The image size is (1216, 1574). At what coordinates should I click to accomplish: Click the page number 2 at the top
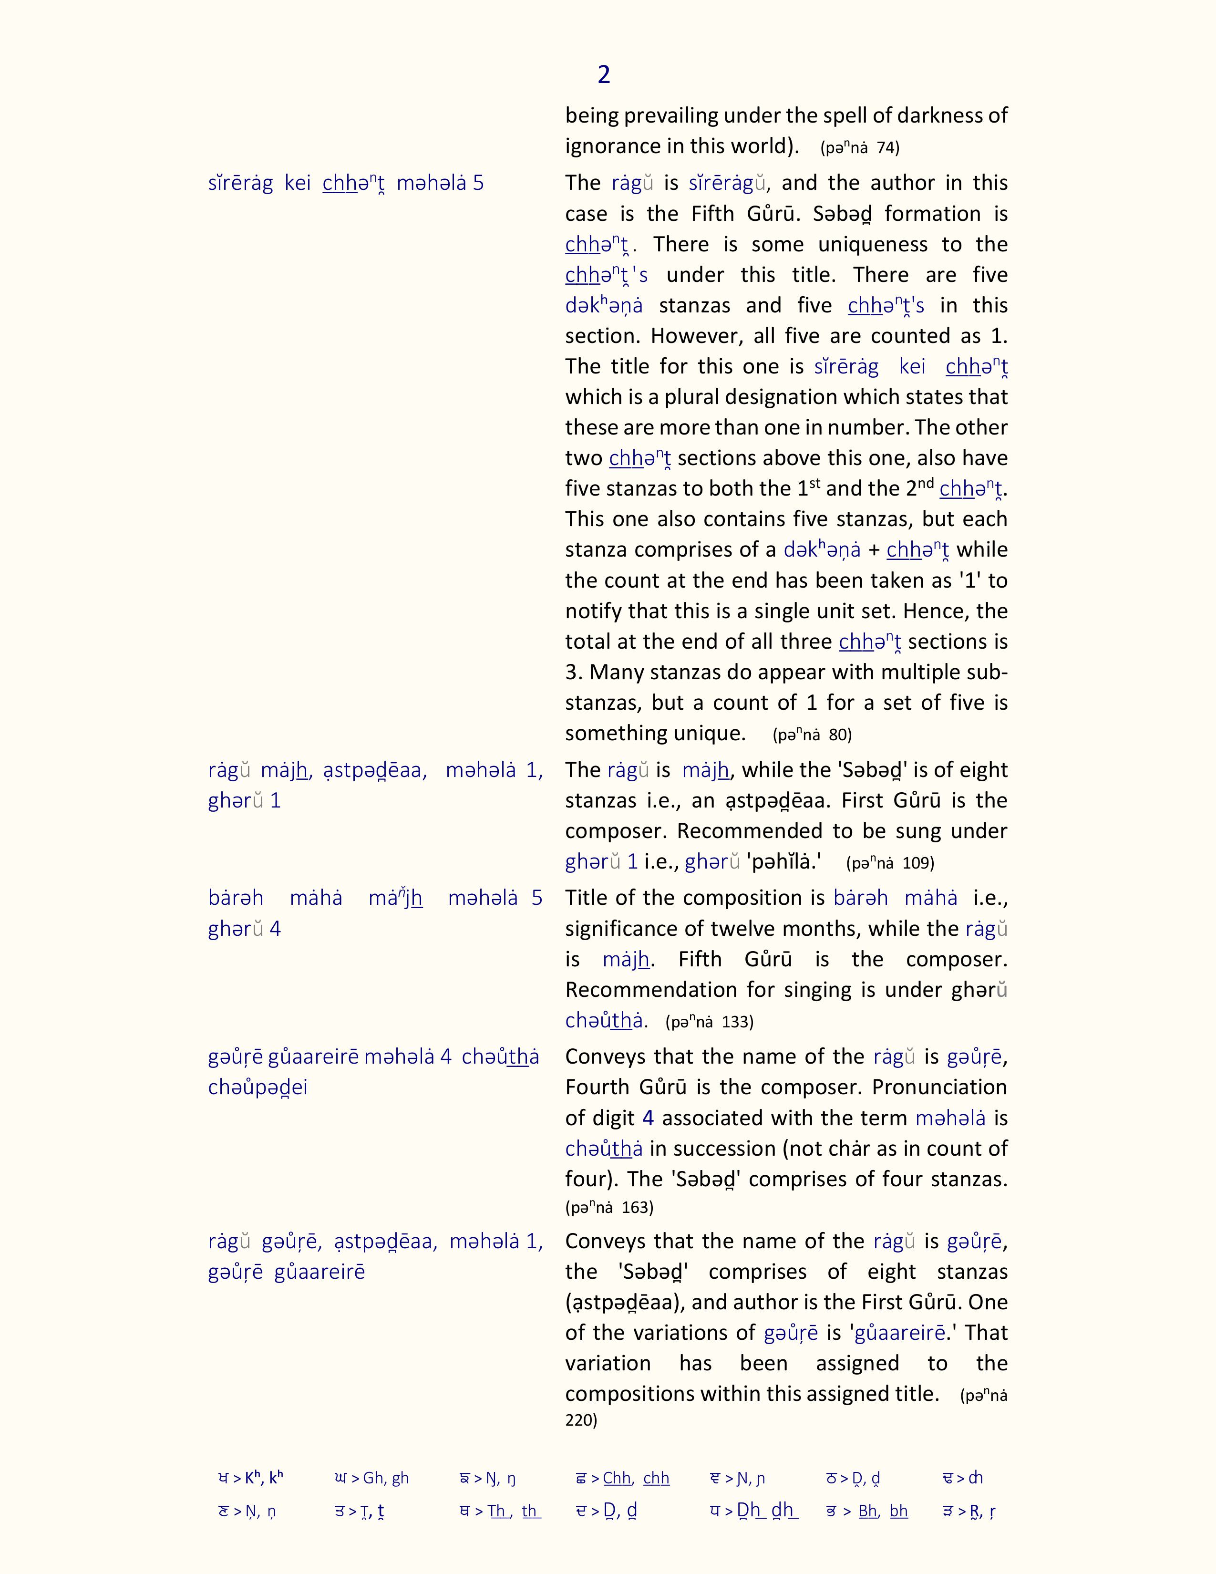(x=604, y=74)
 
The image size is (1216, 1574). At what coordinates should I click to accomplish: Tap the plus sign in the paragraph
(x=874, y=550)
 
